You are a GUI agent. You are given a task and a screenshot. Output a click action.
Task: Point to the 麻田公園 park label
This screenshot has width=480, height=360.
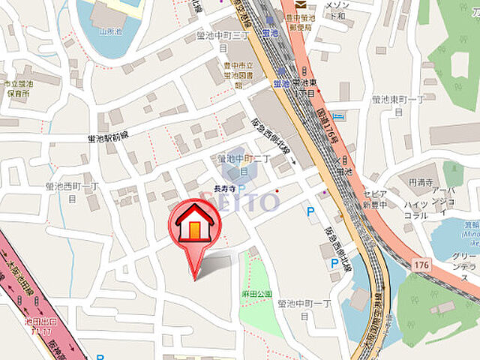[255, 295]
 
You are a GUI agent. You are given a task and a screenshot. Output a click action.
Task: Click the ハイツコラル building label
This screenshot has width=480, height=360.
[415, 209]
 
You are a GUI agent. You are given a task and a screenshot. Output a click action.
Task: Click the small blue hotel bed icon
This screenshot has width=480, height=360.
[337, 116]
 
